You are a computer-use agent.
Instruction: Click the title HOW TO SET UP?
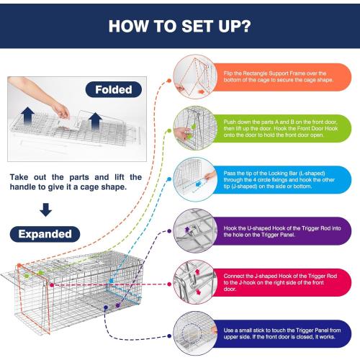[x=179, y=26]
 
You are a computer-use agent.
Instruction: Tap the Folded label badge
[x=114, y=89]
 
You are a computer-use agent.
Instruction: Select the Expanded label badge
[x=45, y=234]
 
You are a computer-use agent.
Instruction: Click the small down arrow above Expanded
[x=45, y=210]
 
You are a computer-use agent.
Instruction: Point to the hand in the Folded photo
[x=61, y=111]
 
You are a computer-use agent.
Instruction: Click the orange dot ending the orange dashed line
[x=169, y=81]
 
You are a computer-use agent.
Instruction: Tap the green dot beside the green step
[x=169, y=131]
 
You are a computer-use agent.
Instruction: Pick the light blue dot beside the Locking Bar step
[x=169, y=179]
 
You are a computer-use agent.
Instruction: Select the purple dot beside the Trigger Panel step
[x=169, y=231]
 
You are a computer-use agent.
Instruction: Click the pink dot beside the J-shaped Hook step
[x=169, y=284]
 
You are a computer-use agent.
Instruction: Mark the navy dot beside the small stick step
[x=169, y=336]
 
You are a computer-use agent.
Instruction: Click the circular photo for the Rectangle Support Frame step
[x=195, y=77]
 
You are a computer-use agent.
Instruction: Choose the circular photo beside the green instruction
[x=195, y=128]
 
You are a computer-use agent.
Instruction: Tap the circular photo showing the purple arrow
[x=195, y=230]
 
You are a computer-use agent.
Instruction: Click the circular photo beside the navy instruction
[x=195, y=333]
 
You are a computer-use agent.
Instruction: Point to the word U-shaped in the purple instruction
[x=258, y=228]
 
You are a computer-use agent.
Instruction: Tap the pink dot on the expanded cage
[x=52, y=285]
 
